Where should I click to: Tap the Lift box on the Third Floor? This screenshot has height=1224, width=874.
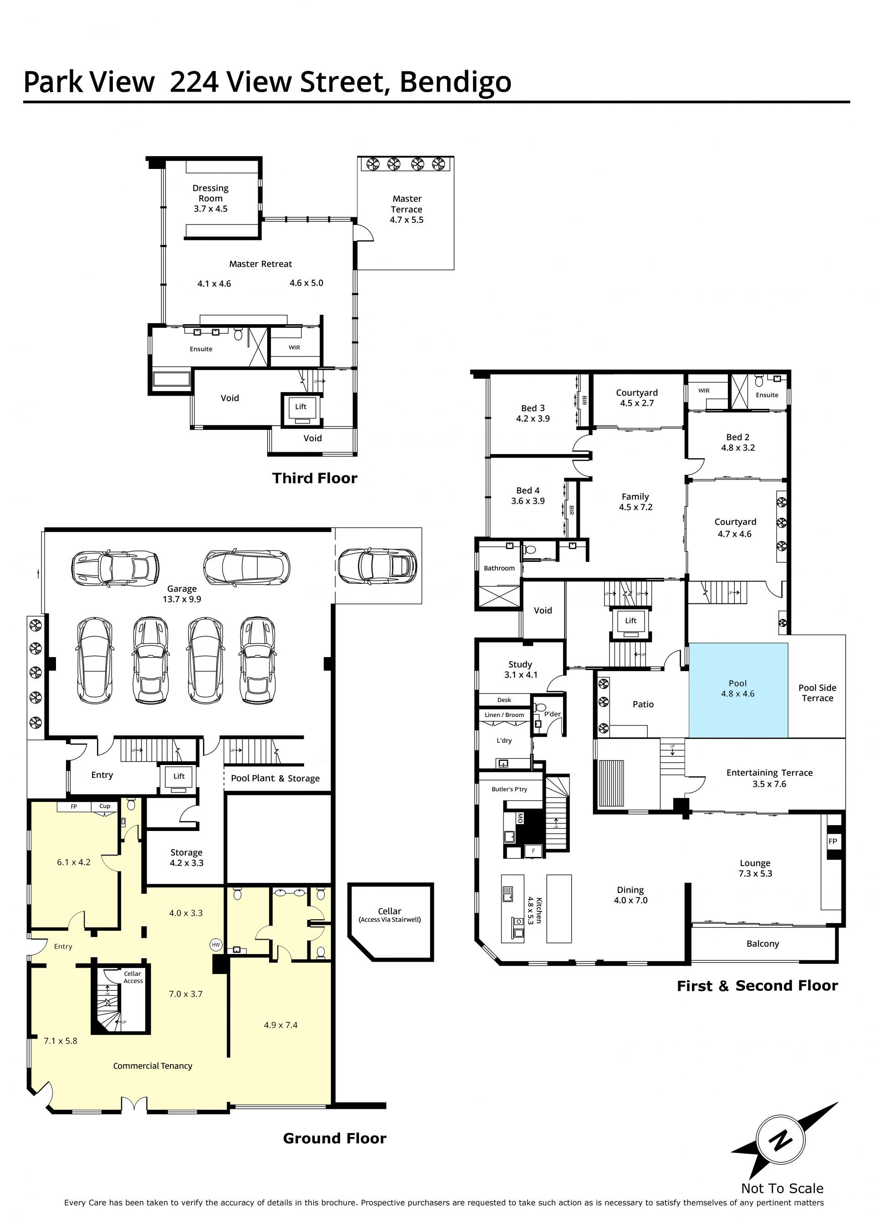click(301, 409)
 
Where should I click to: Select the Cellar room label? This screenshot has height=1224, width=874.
click(390, 911)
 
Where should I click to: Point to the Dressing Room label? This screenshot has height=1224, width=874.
click(210, 193)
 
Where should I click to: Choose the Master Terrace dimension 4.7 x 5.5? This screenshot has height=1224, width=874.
click(407, 219)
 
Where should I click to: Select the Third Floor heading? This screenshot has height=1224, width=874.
click(315, 478)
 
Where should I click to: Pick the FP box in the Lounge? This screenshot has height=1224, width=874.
click(833, 841)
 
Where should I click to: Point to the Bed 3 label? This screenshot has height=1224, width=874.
click(533, 408)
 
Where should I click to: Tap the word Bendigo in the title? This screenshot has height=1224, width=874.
click(455, 82)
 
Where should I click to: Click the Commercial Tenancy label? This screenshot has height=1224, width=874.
click(152, 1065)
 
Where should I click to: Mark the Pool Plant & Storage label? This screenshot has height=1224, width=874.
click(275, 778)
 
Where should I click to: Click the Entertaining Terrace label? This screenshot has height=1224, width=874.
click(770, 772)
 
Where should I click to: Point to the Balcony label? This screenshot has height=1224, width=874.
click(762, 943)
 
